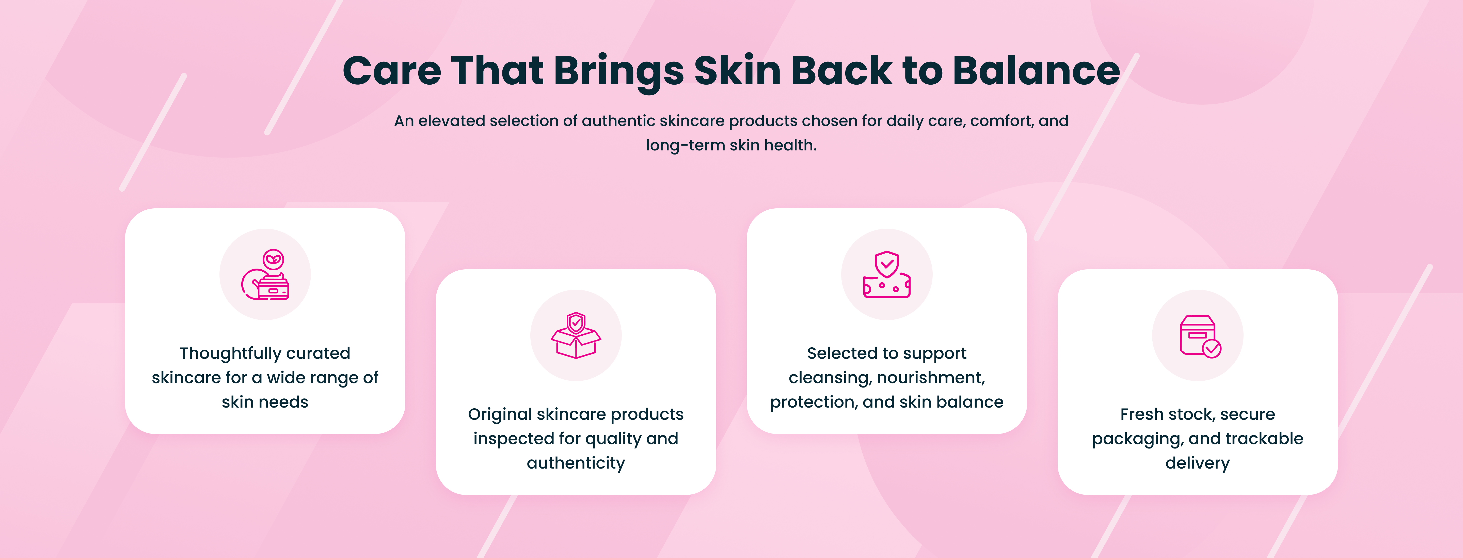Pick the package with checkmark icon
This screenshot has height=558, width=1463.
(x=1200, y=336)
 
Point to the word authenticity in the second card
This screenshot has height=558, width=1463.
(x=576, y=463)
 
